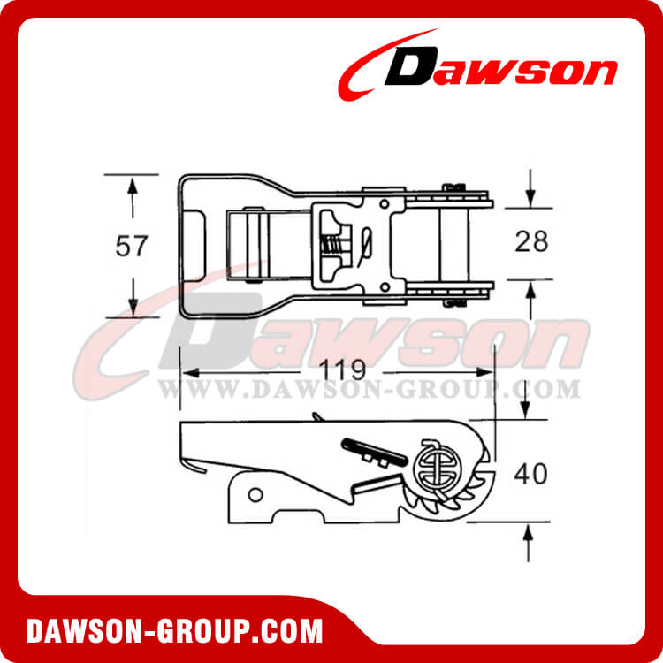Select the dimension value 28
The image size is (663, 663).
(x=530, y=241)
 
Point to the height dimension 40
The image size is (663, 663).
(x=530, y=473)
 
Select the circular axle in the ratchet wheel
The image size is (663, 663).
(x=431, y=465)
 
